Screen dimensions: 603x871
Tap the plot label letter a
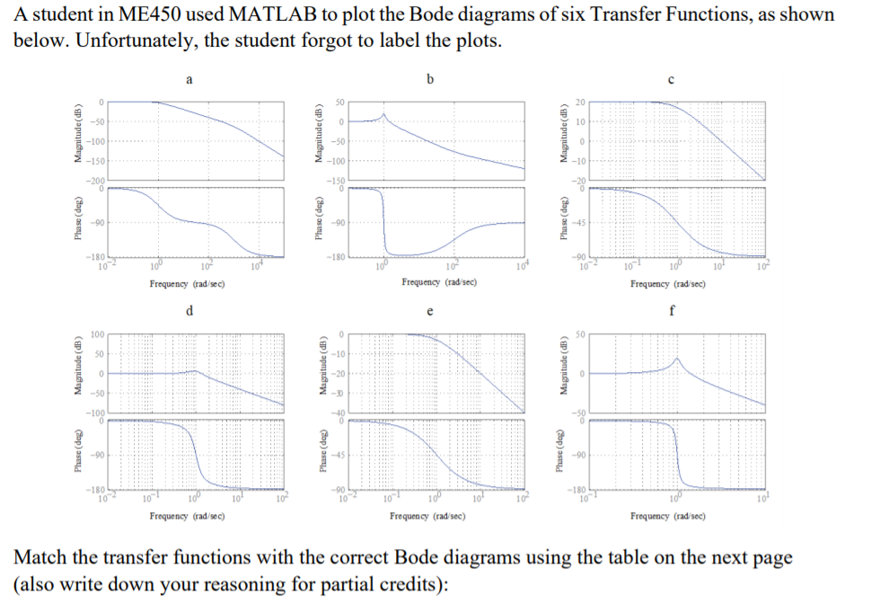pos(189,79)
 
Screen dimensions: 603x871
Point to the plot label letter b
pos(429,79)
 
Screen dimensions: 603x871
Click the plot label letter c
pos(672,79)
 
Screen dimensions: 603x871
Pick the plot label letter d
pos(189,311)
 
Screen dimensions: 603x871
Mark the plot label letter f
pos(672,311)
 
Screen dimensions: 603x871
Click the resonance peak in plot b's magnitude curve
pos(383,114)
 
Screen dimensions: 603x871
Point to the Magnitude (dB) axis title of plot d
pos(79,373)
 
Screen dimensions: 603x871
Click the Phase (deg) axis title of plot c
pos(564,222)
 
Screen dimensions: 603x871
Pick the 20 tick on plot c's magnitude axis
pos(581,102)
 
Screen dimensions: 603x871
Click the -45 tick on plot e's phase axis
pos(339,453)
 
